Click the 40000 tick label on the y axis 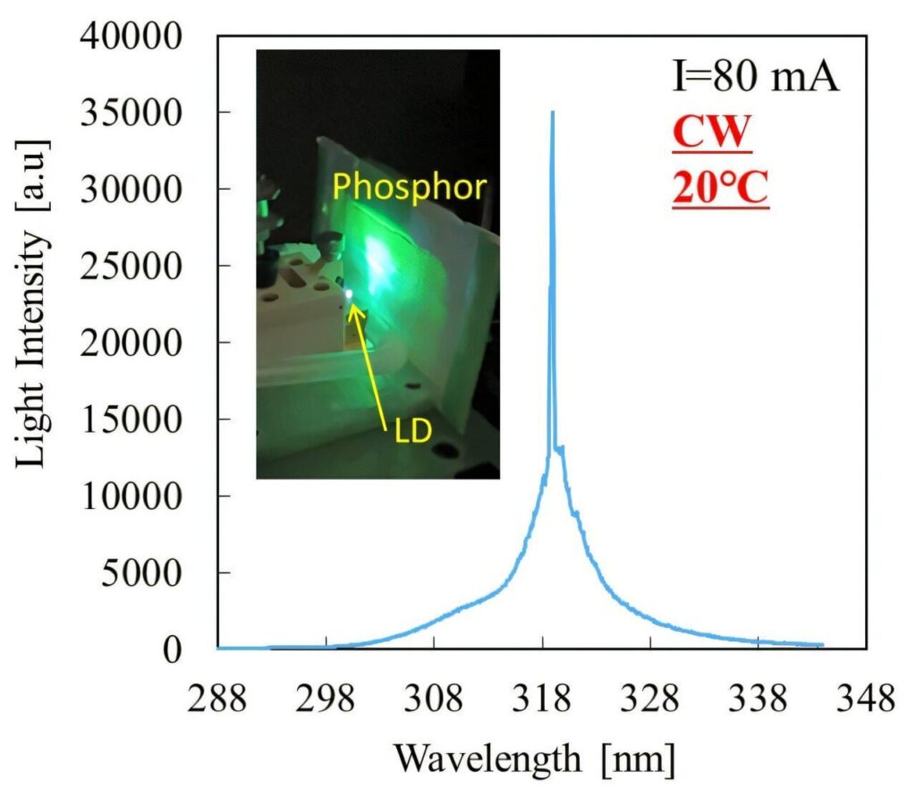tap(143, 38)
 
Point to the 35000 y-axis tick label tap(143, 114)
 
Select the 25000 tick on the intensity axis tap(143, 267)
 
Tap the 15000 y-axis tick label tap(143, 420)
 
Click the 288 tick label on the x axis tap(217, 698)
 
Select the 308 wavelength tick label tap(434, 698)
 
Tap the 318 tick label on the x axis tap(543, 698)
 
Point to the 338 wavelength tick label tap(759, 698)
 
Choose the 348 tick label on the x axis tap(866, 698)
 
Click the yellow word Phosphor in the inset tap(410, 187)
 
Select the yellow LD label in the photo tap(412, 431)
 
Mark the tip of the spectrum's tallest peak tap(553, 113)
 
